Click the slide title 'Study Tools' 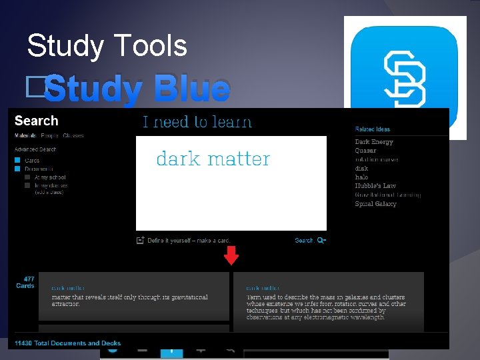(107, 46)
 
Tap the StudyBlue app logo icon (405, 77)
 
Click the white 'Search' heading (36, 121)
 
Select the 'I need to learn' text (197, 122)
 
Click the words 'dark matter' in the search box (213, 159)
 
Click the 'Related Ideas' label (373, 129)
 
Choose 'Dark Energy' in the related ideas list (374, 142)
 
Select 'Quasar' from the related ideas (365, 151)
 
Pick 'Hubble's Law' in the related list (375, 186)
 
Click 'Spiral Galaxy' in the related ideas (375, 204)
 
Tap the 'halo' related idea (361, 177)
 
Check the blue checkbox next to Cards (18, 161)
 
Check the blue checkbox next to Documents (18, 169)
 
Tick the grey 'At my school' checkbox (27, 177)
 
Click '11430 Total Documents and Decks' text (68, 343)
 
